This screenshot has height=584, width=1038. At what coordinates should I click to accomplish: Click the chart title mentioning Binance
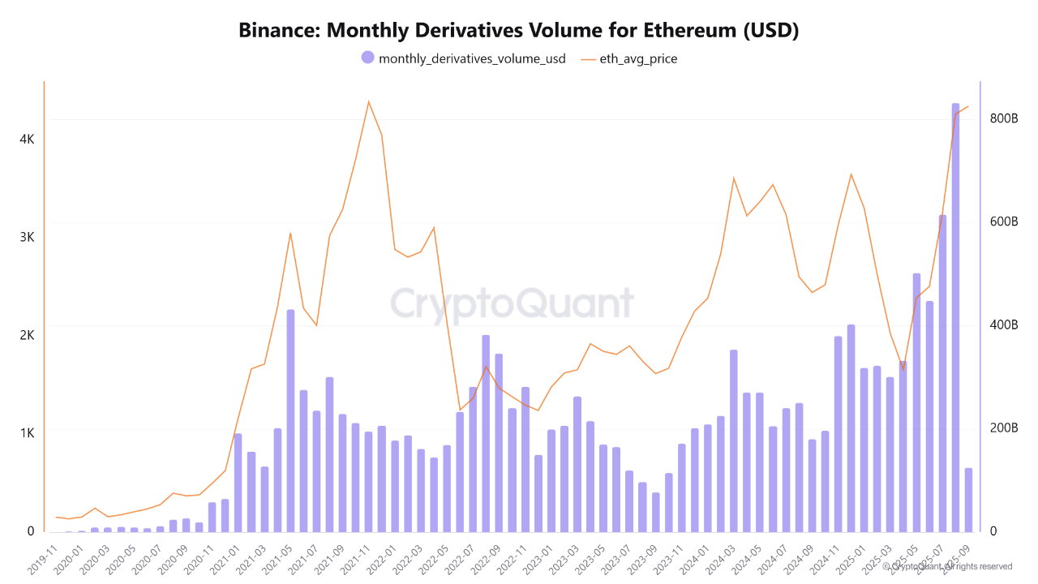click(x=519, y=31)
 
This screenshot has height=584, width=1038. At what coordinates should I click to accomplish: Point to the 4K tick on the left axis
click(x=27, y=139)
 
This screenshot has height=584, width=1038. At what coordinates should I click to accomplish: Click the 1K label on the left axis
click(x=27, y=433)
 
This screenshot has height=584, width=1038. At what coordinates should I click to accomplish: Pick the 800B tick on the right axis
click(x=1003, y=118)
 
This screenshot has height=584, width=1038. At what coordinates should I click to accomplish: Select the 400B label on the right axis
click(x=1003, y=325)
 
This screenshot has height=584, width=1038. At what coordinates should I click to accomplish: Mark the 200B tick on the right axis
click(x=1003, y=428)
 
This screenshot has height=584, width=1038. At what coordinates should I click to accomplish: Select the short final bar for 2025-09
click(x=968, y=500)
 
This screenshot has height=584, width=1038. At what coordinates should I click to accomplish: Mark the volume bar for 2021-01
click(x=238, y=483)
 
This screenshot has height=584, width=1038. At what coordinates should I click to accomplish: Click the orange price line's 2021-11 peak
click(x=368, y=102)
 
